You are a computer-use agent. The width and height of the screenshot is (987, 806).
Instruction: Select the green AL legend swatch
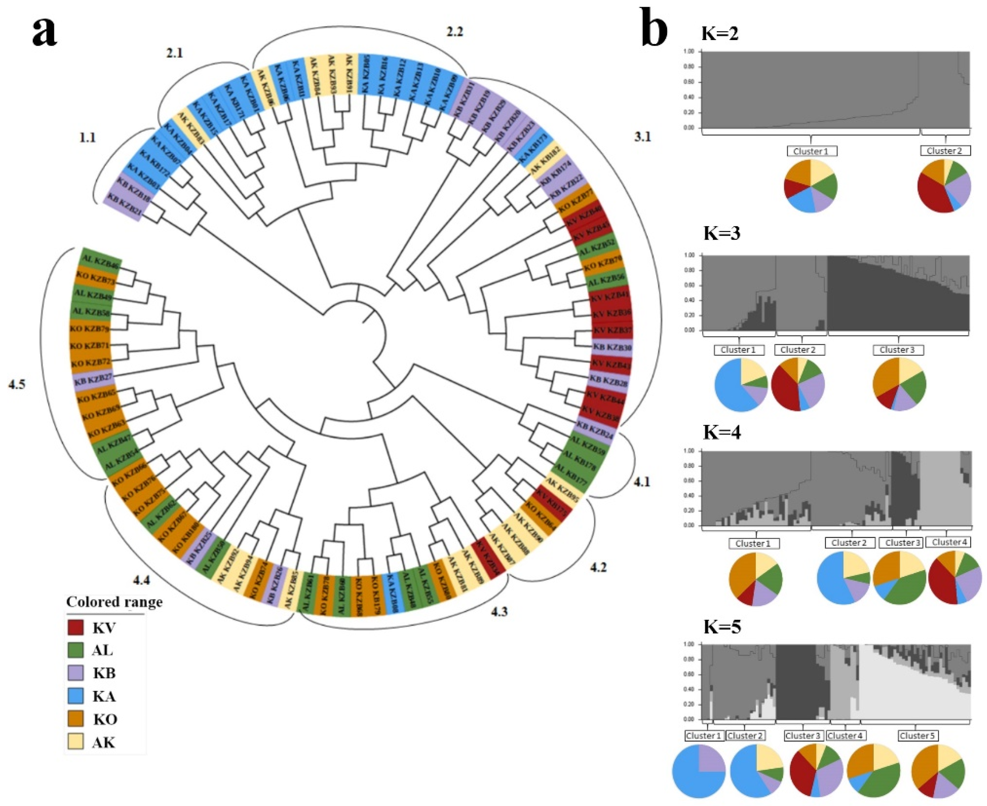pos(75,650)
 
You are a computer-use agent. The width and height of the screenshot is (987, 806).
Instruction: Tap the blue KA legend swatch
pos(75,696)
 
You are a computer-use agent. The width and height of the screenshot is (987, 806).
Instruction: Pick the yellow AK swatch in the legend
pos(75,742)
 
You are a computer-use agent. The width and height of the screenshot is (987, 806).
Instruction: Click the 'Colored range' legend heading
pos(114,602)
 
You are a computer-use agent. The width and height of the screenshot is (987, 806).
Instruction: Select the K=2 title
pos(720,33)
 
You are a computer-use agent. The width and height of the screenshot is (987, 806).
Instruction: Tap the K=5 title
pos(722,627)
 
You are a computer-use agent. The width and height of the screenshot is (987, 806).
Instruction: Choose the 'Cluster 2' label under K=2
pos(945,151)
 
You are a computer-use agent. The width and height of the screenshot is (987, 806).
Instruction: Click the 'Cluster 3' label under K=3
pos(898,350)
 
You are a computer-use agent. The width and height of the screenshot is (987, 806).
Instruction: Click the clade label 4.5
pos(17,384)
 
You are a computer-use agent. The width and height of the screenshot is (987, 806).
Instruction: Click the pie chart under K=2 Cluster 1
pos(811,186)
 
